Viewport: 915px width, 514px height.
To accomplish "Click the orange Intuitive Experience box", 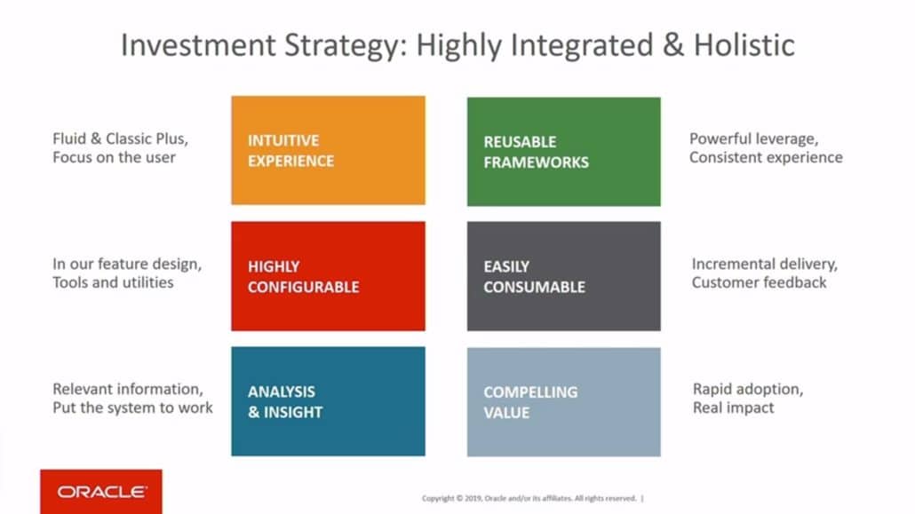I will tap(328, 151).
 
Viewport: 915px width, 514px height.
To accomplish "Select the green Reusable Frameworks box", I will tap(563, 152).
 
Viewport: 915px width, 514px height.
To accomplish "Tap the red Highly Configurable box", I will tap(328, 276).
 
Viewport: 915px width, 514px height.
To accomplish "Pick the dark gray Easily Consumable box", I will tap(563, 276).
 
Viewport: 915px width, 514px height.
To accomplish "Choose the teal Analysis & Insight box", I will tap(328, 401).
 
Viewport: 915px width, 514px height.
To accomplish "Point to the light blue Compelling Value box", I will tap(563, 401).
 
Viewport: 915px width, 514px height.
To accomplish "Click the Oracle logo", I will tap(101, 491).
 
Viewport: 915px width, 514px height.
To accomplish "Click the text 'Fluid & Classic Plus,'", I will tap(120, 139).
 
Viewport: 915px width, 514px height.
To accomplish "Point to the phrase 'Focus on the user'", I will tap(114, 158).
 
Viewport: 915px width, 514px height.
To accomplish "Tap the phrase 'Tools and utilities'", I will tap(113, 282).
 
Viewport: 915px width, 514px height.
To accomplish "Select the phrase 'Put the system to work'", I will tap(132, 407).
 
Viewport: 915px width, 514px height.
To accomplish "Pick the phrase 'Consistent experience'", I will tap(766, 157).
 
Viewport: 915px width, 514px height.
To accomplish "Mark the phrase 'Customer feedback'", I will tap(759, 282).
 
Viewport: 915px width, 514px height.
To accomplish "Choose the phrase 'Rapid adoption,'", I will tap(748, 389).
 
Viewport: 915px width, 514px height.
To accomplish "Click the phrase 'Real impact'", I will tap(733, 407).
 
